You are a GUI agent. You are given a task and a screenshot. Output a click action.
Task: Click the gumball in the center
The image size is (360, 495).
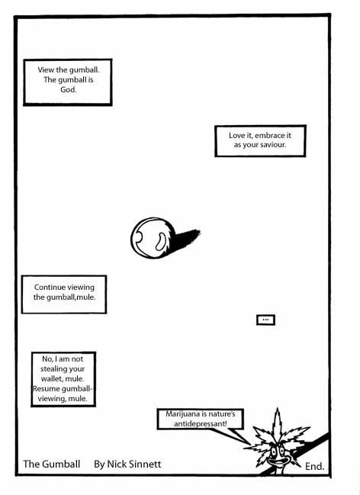click(x=153, y=238)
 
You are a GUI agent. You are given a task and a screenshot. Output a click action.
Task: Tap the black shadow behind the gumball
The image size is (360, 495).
click(x=186, y=239)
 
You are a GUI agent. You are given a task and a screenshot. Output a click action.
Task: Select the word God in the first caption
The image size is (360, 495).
click(x=68, y=90)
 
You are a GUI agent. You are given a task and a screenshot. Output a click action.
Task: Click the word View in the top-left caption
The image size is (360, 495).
click(x=46, y=69)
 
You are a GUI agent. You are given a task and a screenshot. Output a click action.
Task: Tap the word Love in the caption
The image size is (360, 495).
click(x=236, y=136)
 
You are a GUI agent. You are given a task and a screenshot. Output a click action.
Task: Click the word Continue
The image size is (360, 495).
click(x=50, y=288)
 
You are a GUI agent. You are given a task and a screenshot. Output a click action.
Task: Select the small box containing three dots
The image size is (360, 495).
click(x=265, y=320)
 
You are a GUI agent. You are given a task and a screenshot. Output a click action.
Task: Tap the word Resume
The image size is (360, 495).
click(x=47, y=389)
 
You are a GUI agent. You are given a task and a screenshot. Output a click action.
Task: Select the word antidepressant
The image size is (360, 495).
click(x=200, y=423)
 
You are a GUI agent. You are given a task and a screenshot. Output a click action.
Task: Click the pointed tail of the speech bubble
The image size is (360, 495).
click(x=249, y=444)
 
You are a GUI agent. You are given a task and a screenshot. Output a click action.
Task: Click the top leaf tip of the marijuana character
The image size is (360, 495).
click(x=278, y=409)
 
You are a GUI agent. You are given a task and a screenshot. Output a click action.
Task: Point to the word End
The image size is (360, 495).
click(x=314, y=466)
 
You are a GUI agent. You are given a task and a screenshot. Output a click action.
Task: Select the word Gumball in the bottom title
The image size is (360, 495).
click(x=61, y=464)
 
